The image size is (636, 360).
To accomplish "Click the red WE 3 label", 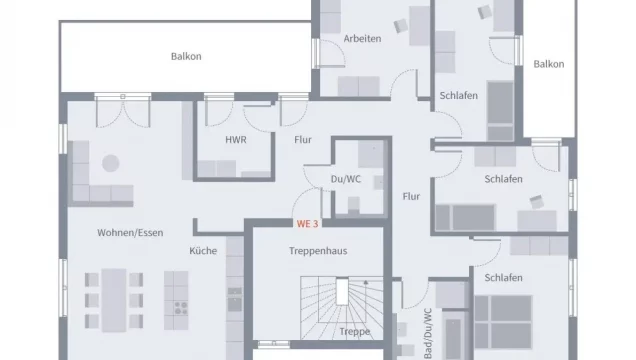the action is pos(307,224).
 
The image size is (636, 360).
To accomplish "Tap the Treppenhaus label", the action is pos(318,251).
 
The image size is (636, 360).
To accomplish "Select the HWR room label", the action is pos(236,140).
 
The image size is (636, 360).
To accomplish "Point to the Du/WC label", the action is pos(346,179).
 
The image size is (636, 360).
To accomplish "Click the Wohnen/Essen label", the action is pos(130,233).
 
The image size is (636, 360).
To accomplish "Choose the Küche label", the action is pos(203,251).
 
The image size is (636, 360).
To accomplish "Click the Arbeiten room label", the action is pos(362,39).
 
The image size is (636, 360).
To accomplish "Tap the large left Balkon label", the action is pos(186,56).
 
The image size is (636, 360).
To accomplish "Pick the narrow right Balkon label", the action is pos(549,64).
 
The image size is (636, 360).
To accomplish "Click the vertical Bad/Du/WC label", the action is pos(428,333).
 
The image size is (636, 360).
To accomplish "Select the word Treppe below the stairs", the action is pos(355,332).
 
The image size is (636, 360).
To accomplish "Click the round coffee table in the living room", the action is pos(111,163).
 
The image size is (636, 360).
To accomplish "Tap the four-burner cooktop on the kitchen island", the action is pos(181,308).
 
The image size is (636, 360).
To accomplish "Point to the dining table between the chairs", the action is pos(114,300).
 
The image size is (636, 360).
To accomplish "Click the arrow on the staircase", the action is pos(366,282).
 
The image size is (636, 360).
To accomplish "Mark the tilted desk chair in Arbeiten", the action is pos(401,26).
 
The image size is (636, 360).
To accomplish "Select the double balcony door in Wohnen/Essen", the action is pos(123,109).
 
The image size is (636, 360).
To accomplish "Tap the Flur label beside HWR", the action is pos(303,140).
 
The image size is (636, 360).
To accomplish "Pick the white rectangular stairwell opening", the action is pos(342,292).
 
